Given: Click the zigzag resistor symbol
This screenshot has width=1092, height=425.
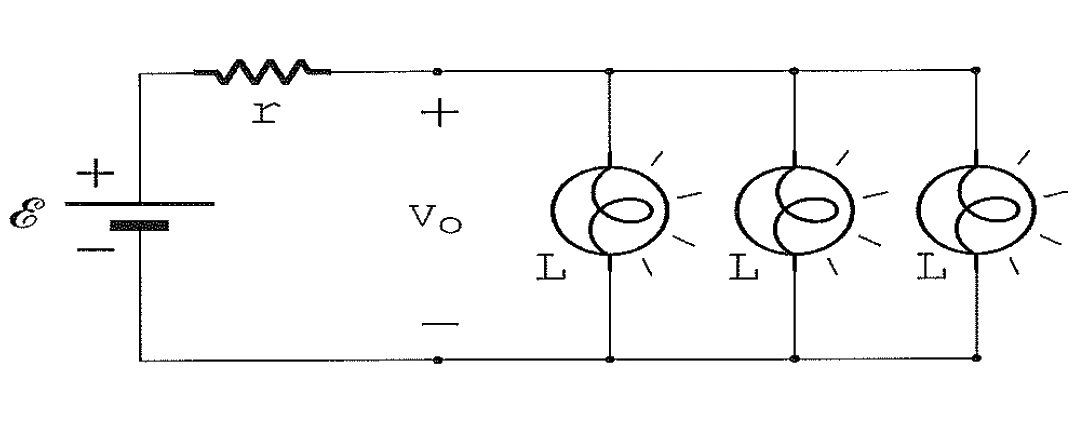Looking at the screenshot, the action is [262, 71].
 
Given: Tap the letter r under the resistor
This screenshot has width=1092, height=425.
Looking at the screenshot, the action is [265, 114].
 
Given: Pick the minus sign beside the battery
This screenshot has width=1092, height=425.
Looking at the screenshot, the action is [95, 249].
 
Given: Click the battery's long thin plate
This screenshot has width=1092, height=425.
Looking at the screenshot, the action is [140, 203].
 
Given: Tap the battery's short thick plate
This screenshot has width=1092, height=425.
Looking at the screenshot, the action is [139, 225].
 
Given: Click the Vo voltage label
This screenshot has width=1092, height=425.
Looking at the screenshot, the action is [435, 220].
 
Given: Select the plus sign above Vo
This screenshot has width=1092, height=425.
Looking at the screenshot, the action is [439, 114].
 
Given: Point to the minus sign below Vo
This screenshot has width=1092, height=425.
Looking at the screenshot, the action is [439, 324].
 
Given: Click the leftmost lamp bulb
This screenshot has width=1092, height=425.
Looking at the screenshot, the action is [610, 210].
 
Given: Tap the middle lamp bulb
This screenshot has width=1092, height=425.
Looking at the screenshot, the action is [795, 210].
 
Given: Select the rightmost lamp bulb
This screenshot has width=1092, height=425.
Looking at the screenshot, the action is [976, 210].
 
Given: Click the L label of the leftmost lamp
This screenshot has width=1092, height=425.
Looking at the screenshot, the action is [551, 269].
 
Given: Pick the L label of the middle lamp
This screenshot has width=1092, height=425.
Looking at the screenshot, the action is [743, 269].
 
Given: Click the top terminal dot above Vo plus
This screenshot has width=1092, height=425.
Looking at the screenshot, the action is [437, 71].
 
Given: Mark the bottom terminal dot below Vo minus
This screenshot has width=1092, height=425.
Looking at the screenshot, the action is [437, 360].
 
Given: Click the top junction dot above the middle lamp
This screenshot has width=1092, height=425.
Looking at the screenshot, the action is [795, 70].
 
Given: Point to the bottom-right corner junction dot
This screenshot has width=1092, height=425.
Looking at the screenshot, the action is [976, 358].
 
